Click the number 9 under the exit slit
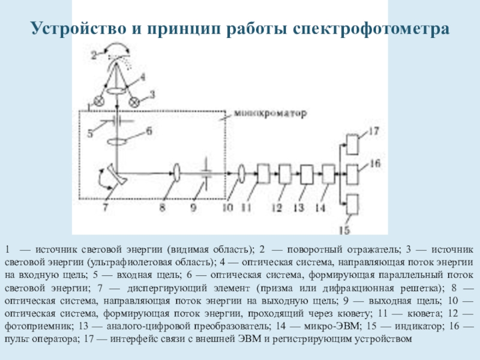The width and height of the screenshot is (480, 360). [x=194, y=208]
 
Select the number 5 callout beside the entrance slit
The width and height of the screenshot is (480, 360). [x=90, y=133]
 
